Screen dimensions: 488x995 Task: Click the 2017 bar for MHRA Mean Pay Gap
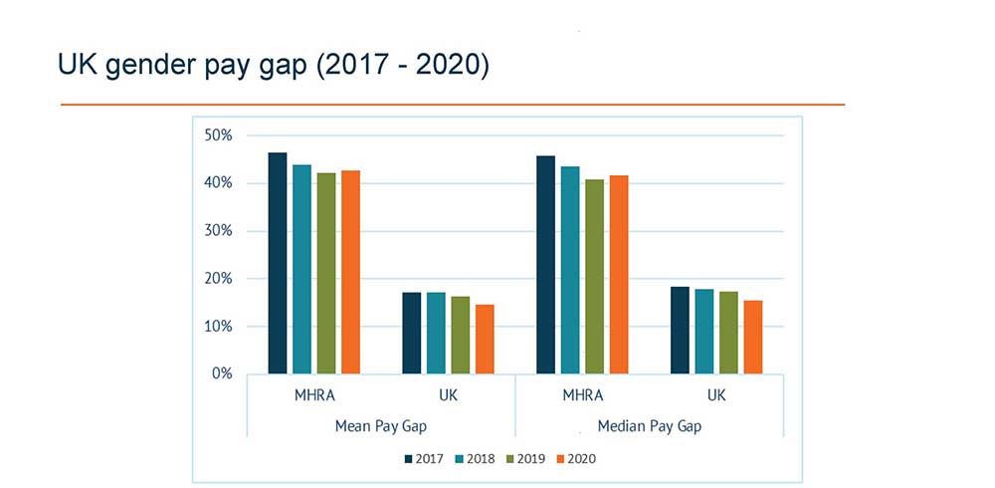coord(278,264)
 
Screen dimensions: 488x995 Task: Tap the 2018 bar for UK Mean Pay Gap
coord(436,333)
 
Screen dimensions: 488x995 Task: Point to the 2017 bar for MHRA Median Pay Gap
coord(545,265)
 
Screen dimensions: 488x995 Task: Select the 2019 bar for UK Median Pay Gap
coord(728,333)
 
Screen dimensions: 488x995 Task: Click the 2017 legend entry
coord(422,459)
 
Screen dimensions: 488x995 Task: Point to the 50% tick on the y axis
coord(218,135)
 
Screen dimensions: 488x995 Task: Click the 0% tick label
coord(222,374)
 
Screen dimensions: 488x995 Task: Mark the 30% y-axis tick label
coord(218,231)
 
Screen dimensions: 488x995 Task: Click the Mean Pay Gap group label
coord(380,425)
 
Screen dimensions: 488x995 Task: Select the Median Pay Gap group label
coord(650,425)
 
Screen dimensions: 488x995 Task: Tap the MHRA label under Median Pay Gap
coord(582,395)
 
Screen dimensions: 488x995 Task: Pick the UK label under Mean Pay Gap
coord(448,395)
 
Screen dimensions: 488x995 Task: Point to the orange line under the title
coord(453,104)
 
